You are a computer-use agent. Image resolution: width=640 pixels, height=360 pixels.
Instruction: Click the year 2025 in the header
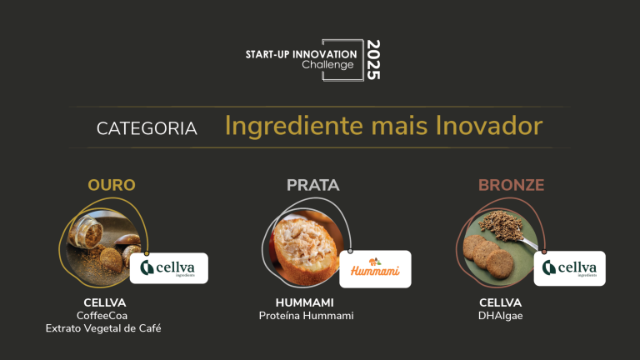[x=372, y=59]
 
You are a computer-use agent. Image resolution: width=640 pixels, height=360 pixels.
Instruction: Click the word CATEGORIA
[x=147, y=128]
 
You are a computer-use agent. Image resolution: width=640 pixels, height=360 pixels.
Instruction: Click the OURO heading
[x=112, y=184]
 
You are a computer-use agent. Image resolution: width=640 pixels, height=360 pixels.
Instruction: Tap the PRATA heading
[x=313, y=185]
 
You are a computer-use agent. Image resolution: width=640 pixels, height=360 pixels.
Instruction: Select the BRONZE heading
[x=511, y=185]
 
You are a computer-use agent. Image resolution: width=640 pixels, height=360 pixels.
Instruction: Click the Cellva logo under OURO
[x=170, y=267]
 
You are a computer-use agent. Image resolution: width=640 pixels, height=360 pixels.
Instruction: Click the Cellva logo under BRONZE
[x=569, y=267]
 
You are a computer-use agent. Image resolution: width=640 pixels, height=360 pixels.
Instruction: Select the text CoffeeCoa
[x=104, y=316]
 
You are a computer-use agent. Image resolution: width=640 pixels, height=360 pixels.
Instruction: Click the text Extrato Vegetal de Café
[x=104, y=329]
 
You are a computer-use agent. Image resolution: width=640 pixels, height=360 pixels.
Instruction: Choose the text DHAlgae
[x=500, y=316]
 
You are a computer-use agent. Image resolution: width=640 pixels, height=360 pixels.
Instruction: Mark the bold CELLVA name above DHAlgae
[x=500, y=302]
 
